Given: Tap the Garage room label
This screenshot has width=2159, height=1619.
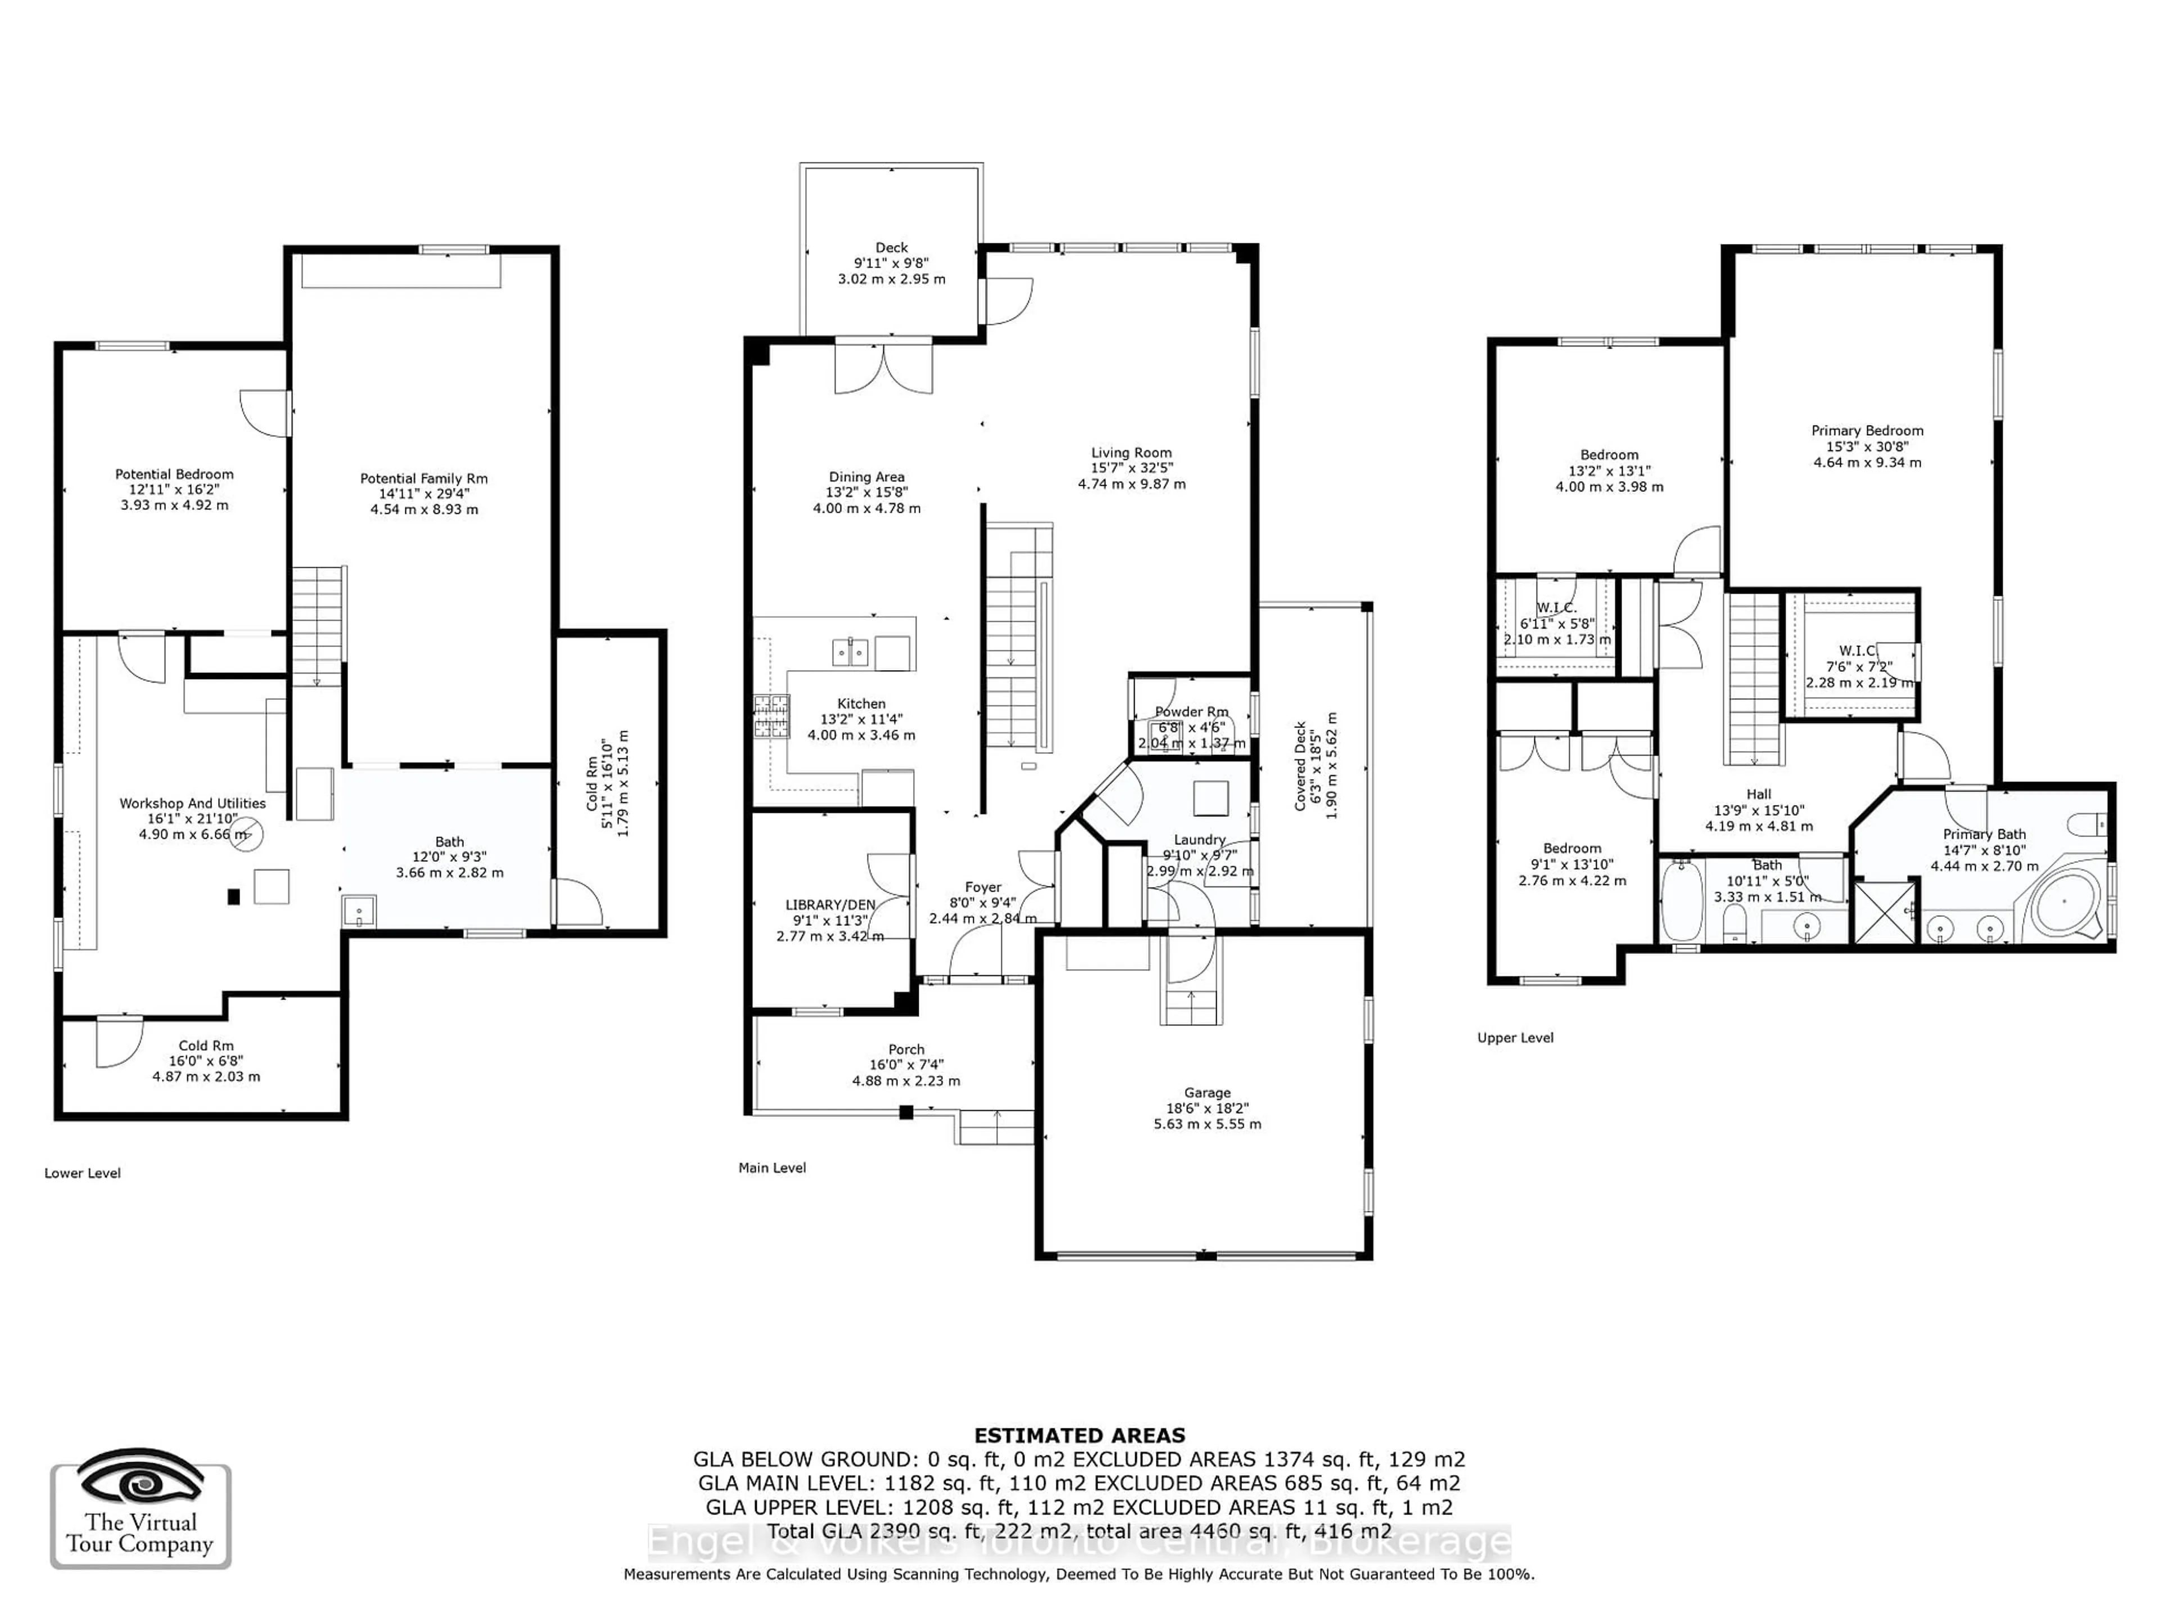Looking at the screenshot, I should tap(1207, 1093).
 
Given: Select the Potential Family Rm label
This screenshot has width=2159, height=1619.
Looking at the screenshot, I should tap(423, 478).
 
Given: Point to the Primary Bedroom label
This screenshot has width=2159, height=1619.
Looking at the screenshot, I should tap(1866, 431).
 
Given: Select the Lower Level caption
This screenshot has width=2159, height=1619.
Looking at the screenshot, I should tap(82, 1173).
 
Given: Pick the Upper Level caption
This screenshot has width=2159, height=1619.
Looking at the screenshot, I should tap(1515, 1037).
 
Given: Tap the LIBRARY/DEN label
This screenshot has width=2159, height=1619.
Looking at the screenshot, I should tap(830, 905).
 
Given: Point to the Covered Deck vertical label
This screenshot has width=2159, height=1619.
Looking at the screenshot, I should tap(1300, 766).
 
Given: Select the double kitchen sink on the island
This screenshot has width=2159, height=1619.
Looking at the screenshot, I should tap(850, 651).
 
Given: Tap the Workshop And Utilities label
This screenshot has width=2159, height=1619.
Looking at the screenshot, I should tap(192, 803).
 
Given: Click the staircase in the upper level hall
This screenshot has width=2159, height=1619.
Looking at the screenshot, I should tap(1754, 679).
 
